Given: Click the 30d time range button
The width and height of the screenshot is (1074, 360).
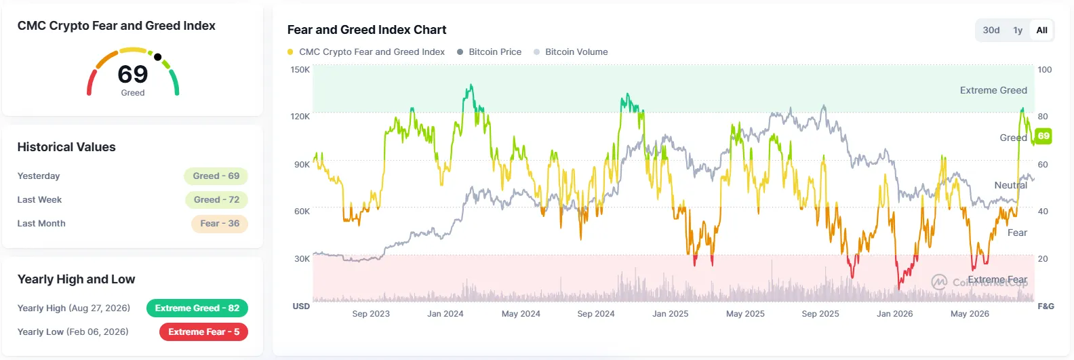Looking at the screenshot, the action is pos(991,31).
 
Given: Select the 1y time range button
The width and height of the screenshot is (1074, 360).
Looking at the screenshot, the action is pos(1018,31).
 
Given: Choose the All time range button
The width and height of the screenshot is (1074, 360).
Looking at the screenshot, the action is pos(1042,31).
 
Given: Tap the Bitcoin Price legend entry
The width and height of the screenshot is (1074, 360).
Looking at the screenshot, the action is pos(489,52).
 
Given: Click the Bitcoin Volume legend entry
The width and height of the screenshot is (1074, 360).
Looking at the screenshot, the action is pos(571,52).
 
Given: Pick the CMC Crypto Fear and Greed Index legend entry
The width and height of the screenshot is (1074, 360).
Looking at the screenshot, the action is pos(366,52).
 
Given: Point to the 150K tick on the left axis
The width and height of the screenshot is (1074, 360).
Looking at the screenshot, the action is pos(300,70).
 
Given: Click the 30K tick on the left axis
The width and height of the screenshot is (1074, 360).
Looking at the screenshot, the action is pos(302,259).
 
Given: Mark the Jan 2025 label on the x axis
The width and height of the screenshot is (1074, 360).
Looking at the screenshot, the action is pos(671,313).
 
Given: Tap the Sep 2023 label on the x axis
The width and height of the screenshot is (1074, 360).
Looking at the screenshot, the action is pos(371,313).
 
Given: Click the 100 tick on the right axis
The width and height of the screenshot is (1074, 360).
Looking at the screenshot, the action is pos(1045,70).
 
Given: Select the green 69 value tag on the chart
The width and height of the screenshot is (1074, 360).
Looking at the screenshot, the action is pos(1043,136).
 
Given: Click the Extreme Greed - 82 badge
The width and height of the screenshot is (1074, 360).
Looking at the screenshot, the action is pos(197,308).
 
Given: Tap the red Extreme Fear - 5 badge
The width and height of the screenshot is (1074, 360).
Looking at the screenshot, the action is pos(204,332).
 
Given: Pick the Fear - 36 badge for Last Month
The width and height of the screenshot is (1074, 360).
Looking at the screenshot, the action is pos(220,223).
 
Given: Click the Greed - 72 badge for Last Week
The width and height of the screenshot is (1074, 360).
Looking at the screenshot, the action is pos(217,199).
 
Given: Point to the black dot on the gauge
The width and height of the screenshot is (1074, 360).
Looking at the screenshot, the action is pos(158,57).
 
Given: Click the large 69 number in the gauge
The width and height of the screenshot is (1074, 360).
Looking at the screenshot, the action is pos(133,75).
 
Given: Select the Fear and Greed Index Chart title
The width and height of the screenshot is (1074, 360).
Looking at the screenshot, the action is pos(367,30).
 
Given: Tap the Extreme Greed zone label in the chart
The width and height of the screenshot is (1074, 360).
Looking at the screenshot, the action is pos(993,90).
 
